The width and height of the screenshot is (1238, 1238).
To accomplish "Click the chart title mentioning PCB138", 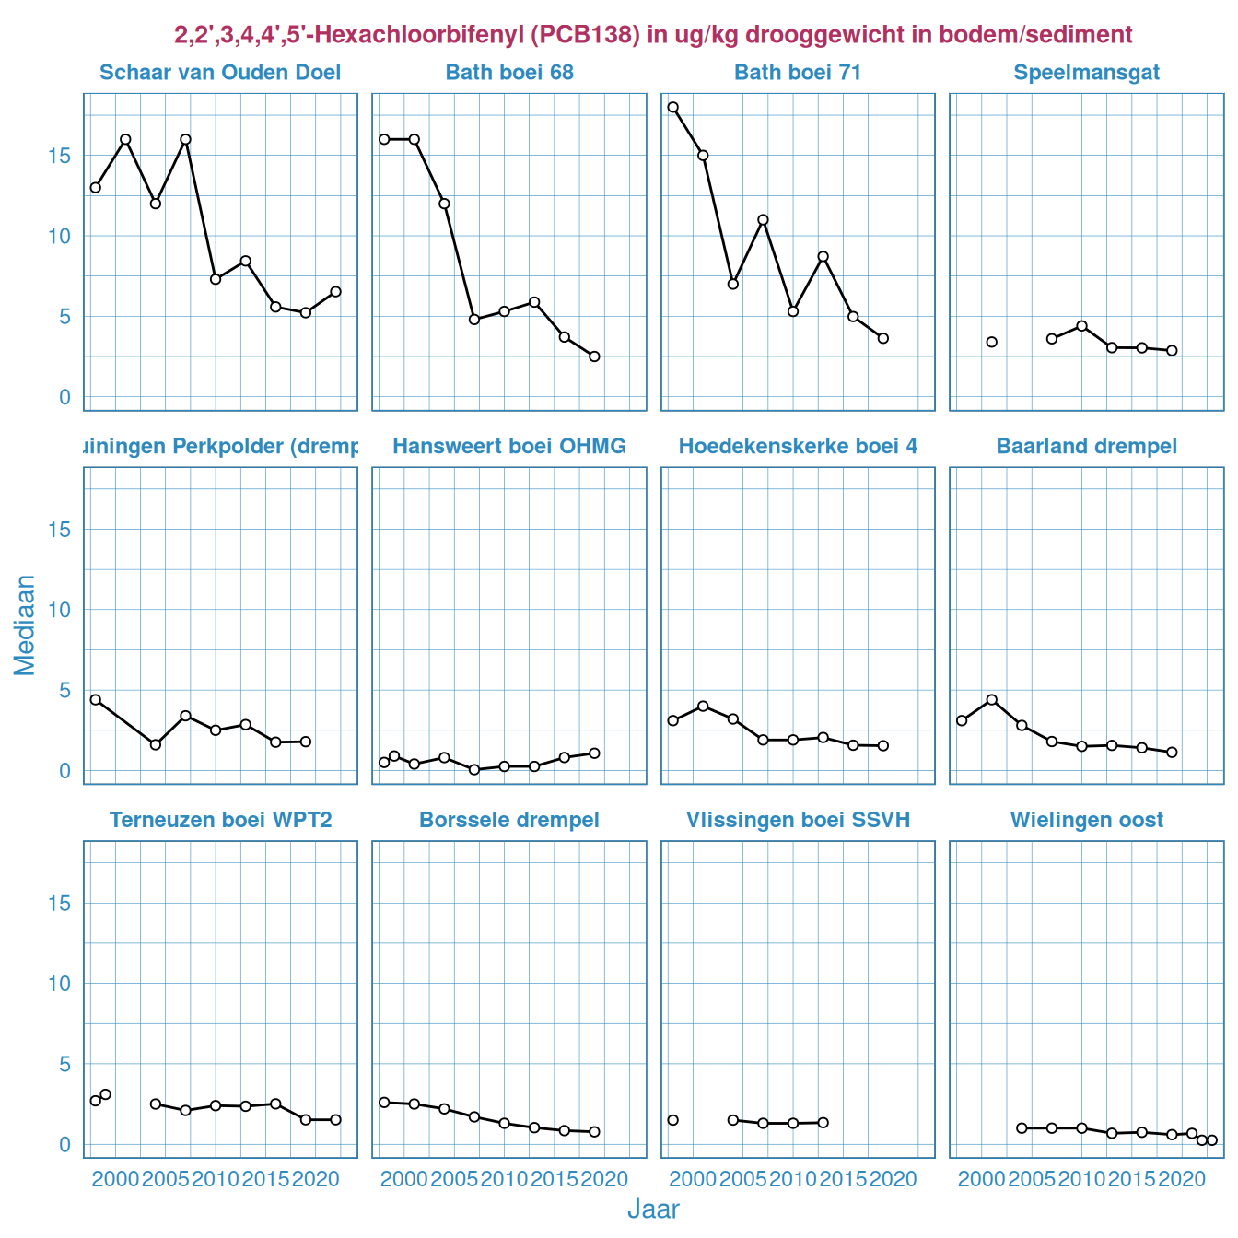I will coord(653,35).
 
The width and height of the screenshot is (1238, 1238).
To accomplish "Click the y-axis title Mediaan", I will coord(25,625).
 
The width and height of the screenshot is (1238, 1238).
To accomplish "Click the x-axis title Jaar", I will coord(653,1209).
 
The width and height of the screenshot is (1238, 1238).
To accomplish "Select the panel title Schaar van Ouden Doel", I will coord(220,73).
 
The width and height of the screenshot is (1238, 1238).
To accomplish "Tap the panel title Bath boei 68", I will coord(509,73).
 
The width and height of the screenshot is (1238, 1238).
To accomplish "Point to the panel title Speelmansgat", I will coord(1087,73).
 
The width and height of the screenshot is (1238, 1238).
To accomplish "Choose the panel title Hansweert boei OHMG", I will coord(509,447).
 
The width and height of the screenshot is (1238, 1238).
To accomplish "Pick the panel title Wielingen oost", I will coord(1087,820).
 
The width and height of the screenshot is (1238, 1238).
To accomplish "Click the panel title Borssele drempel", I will coord(509,820).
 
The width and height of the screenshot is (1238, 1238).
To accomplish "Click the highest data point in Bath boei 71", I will coord(673,107).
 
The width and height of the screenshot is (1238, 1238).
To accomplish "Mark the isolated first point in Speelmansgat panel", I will coord(992,342).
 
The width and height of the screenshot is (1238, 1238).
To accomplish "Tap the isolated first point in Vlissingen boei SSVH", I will coord(673,1120).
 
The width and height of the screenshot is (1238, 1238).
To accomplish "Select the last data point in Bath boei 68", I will coord(594,356).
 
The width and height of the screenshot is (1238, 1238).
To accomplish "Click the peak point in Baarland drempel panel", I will coord(992,700).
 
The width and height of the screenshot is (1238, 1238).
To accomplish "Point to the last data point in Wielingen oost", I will coord(1212,1140).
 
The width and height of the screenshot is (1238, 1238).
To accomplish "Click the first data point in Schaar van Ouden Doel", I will coord(96,188).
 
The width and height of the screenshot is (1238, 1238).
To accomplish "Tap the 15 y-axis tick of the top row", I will coord(60,156).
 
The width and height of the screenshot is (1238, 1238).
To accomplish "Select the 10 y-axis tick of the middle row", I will coord(60,610).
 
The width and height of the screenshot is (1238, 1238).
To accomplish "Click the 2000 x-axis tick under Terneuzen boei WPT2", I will coord(115,1179).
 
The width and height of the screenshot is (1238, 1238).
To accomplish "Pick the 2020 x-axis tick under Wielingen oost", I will coord(1182,1179).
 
